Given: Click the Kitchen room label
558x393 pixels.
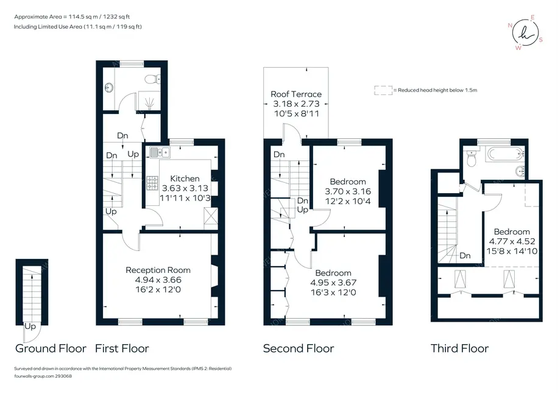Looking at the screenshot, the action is [185, 179].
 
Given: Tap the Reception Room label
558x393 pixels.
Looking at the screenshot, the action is [158, 270].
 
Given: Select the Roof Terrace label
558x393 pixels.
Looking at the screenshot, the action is [296, 94].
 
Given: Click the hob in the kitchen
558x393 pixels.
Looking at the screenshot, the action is [152, 183].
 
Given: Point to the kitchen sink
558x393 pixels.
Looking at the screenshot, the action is [160, 152].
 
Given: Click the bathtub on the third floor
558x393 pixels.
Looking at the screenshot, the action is [505, 154].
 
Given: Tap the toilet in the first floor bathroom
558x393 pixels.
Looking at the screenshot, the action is [153, 79].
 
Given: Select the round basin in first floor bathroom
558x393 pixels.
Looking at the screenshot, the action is [110, 87].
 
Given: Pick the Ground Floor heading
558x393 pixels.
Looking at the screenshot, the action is [51, 348].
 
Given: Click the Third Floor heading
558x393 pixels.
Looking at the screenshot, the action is [460, 348].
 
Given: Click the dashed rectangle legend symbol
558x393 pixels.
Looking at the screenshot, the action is [383, 90].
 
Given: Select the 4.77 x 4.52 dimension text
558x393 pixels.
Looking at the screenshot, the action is [512, 241].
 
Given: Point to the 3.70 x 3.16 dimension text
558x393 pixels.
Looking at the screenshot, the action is [348, 191].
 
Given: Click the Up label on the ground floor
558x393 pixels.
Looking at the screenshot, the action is [30, 326].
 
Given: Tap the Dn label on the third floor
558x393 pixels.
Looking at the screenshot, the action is [465, 255].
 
